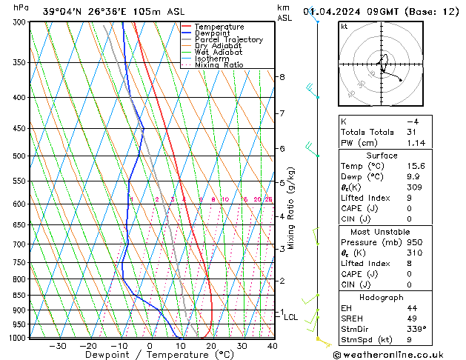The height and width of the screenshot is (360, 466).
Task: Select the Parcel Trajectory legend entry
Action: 228,40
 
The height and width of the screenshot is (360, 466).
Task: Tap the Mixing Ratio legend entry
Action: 219,65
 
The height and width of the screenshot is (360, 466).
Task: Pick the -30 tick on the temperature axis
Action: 57,346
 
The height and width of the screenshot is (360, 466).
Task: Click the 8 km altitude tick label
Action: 282,77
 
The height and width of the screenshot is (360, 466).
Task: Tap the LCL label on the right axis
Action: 290,317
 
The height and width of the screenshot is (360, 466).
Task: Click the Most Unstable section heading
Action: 382,231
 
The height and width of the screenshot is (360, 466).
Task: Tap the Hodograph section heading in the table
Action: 382,297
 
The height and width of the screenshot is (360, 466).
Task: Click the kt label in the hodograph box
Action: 344,27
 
